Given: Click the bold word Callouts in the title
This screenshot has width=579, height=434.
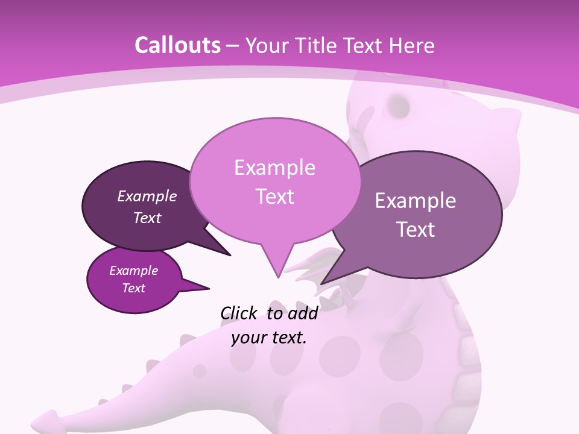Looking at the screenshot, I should coord(177,45).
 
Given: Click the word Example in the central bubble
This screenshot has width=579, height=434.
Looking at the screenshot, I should coord(274,168).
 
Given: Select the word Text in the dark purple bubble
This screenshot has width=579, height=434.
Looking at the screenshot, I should coord(147,218).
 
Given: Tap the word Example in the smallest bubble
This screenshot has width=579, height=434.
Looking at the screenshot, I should coord(133,271).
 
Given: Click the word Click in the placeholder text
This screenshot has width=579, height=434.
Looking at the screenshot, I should coord(238,313).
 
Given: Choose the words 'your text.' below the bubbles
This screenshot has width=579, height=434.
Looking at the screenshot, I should coord(269,338).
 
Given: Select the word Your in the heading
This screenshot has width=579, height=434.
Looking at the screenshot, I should coord(267,45).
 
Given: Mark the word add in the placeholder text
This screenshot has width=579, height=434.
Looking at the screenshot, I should coord(303,313).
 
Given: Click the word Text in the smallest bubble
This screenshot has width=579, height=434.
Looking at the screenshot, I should coord(133,288).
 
